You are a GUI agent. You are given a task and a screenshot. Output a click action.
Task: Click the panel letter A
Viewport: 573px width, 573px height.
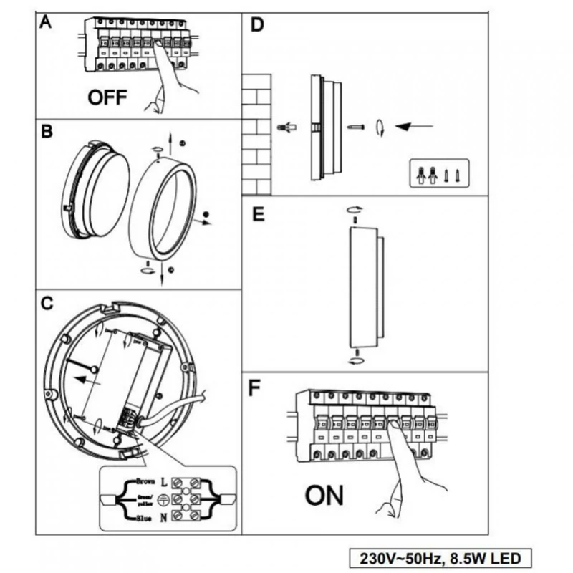coord(46,22)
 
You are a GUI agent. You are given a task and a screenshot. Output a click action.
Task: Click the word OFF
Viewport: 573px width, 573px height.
coord(107,98)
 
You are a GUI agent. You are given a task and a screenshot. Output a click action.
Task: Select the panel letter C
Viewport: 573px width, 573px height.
coord(46,303)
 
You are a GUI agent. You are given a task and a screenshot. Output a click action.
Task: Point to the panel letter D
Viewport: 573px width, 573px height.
coord(256,26)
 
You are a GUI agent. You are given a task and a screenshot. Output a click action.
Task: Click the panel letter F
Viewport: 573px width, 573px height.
coord(254,388)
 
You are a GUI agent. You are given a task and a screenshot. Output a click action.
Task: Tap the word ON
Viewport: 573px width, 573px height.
coord(324,495)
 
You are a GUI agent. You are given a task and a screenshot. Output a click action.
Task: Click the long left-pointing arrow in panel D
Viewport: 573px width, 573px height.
coord(416,127)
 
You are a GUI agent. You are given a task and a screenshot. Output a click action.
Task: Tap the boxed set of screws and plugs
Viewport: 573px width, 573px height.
coord(438,173)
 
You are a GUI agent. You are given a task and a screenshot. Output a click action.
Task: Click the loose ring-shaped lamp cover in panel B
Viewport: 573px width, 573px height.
coord(164,212)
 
